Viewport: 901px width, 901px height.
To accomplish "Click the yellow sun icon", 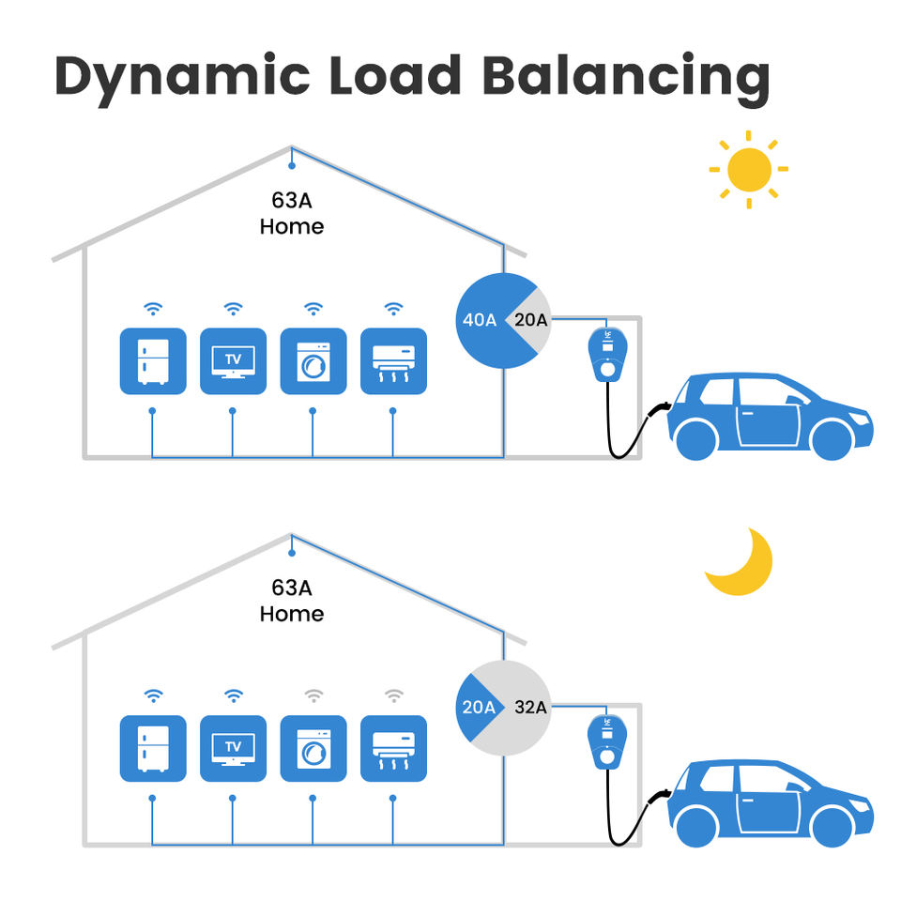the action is (x=749, y=170).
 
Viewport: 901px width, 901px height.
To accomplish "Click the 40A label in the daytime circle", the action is (x=480, y=320).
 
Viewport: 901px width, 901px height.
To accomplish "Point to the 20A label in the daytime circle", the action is (x=530, y=320).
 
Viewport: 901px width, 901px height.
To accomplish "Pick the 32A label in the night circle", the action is (x=530, y=708).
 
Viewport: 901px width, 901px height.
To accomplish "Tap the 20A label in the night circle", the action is (x=479, y=708).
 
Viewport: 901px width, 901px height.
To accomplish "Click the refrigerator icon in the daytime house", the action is (x=153, y=361).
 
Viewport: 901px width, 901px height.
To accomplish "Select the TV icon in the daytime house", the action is (x=234, y=361).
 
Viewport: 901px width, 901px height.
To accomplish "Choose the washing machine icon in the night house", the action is (x=313, y=749).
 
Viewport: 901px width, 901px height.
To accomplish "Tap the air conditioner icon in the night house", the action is (x=393, y=749).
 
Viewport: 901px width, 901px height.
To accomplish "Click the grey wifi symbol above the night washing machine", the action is (x=313, y=695).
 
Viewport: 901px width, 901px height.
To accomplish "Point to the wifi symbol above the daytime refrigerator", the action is (x=153, y=309).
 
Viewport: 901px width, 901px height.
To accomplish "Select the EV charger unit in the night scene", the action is (x=607, y=741).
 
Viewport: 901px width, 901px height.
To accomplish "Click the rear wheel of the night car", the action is (x=697, y=828).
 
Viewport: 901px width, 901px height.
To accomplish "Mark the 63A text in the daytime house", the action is (x=292, y=201).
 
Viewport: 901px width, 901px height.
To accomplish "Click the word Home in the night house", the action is (x=292, y=614).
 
